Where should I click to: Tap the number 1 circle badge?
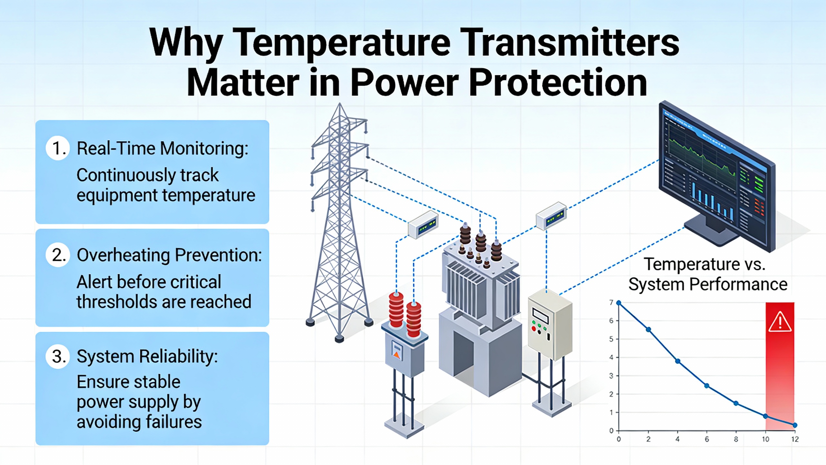click(x=58, y=148)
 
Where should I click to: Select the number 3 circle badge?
click(x=58, y=356)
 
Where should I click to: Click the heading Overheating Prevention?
click(x=169, y=255)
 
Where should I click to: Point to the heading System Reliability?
click(x=147, y=356)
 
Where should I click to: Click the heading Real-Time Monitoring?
click(x=163, y=149)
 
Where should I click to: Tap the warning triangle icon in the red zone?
click(x=780, y=322)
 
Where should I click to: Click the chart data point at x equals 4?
click(x=678, y=361)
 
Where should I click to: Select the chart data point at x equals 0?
click(x=619, y=303)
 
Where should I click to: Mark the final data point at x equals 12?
click(x=795, y=425)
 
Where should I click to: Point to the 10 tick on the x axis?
click(x=765, y=439)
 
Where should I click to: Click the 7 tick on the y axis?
click(x=611, y=303)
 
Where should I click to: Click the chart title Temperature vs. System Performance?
click(x=708, y=274)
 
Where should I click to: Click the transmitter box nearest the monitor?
click(x=551, y=216)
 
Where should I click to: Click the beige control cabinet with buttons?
click(x=549, y=324)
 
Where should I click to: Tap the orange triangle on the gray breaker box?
click(x=397, y=356)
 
